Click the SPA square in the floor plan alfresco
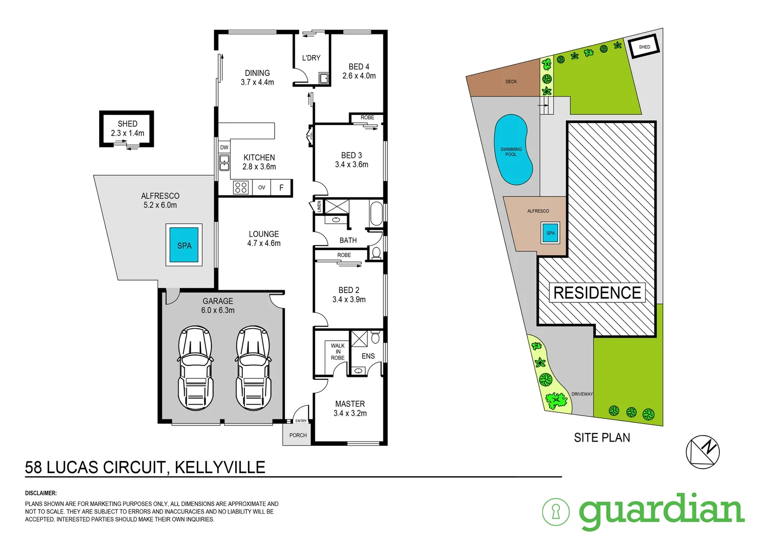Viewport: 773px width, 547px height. pos(184,245)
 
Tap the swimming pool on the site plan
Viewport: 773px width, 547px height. pos(512,150)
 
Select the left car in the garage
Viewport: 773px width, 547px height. pos(195,368)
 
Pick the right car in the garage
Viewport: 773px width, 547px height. pos(253,368)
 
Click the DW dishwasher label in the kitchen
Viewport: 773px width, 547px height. pos(224,147)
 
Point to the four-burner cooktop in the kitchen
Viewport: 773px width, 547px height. pos(241,187)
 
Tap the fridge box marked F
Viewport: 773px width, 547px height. pos(282,187)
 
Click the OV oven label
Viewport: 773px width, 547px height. pos(262,187)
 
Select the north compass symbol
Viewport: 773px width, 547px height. pos(703,451)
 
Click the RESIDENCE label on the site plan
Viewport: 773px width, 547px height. pos(597,293)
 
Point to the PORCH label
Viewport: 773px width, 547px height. pos(298,435)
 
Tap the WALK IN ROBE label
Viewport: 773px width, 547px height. pos(337,352)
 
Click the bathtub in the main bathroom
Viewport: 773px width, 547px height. pos(376,214)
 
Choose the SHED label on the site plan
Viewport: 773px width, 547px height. pos(644,47)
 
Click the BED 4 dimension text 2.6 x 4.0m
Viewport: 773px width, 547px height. pos(359,76)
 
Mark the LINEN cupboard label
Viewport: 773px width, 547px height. pos(319,207)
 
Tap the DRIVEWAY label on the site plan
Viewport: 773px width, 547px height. pos(582,394)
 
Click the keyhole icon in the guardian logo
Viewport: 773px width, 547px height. pos(555,512)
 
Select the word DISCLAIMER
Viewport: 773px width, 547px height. pos(41,493)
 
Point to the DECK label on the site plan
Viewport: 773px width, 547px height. pos(511,82)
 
